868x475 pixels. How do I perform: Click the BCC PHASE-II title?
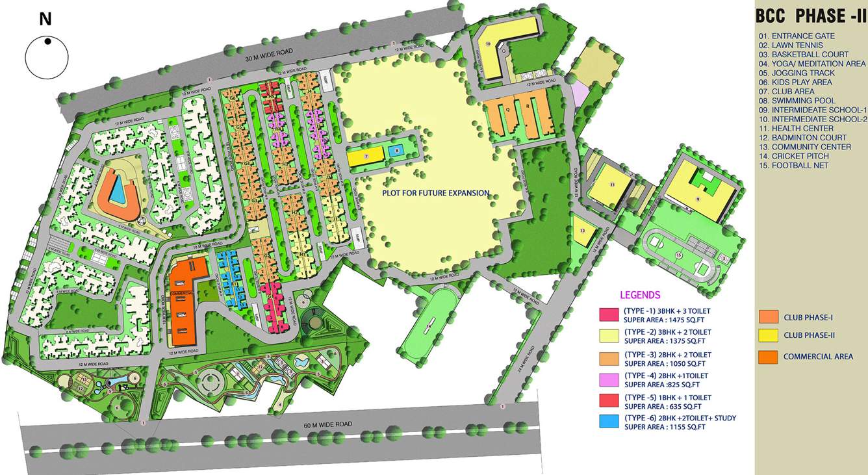[x=809, y=16]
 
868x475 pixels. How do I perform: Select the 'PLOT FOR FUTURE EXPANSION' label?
[x=435, y=193]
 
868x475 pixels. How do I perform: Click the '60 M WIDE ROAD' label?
[x=328, y=424]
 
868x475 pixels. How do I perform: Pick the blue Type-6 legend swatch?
[x=609, y=421]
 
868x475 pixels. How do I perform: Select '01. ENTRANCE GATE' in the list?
[x=796, y=36]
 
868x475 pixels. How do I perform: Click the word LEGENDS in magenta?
[x=640, y=295]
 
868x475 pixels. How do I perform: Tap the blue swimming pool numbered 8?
[x=396, y=151]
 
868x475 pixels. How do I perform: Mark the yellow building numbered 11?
[x=611, y=185]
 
